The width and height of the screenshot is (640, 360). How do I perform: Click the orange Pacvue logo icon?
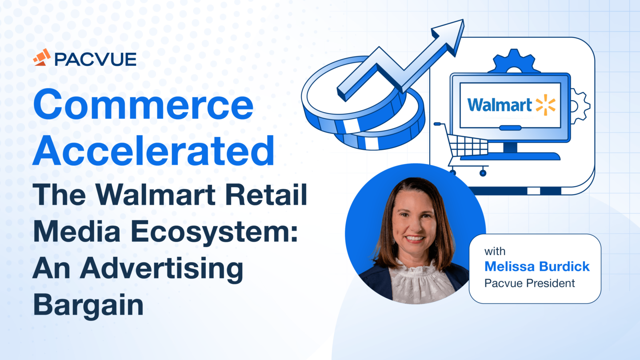tap(41, 57)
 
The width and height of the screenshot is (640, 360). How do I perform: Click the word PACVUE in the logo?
tap(95, 58)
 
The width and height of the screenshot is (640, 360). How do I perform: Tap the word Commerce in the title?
tap(143, 104)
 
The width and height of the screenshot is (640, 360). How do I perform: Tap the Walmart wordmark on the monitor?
tap(499, 105)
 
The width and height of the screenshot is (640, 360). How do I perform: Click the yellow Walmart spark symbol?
tap(545, 105)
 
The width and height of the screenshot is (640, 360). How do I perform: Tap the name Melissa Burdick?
tap(536, 267)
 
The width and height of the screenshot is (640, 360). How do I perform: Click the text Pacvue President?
tap(529, 283)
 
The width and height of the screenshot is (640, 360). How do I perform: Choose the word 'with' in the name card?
tap(495, 252)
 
